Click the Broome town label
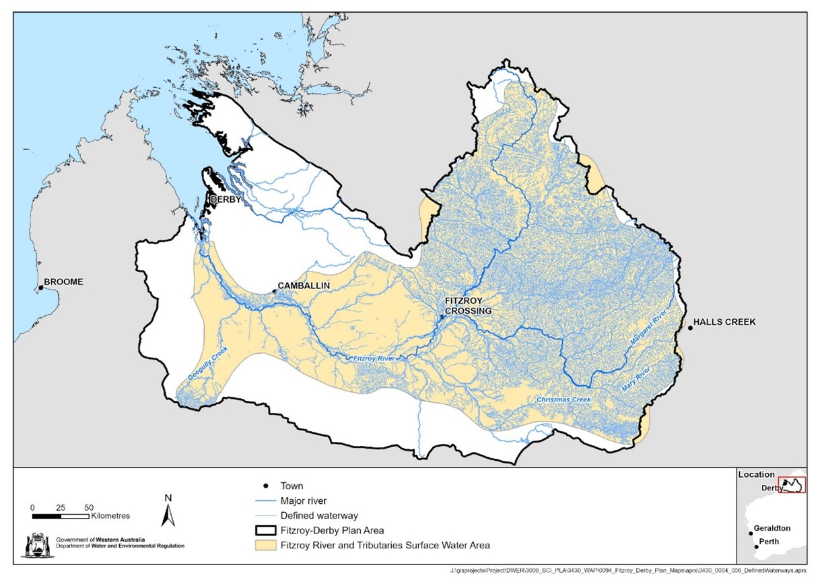coord(63,282)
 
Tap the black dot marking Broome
coord(40,288)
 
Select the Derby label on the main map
coord(226,200)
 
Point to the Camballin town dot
coord(274,291)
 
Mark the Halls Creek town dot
coord(690,328)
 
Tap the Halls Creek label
coord(726,322)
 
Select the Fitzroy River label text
coord(374,359)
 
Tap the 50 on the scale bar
coord(89,507)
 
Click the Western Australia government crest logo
coord(33,546)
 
